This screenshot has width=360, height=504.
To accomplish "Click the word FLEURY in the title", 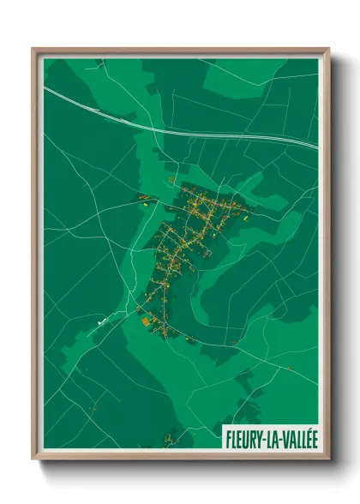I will pyautogui.click(x=242, y=439).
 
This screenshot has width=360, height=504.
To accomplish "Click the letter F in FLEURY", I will pyautogui.click(x=228, y=439).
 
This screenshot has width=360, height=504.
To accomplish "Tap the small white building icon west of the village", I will pyautogui.click(x=103, y=322).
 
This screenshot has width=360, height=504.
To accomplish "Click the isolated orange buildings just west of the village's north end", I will pyautogui.click(x=143, y=201).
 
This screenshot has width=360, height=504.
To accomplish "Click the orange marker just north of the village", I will pyautogui.click(x=171, y=179).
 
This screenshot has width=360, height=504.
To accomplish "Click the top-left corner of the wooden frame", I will pyautogui.click(x=33, y=49).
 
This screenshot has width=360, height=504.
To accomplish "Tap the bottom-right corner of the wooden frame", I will pyautogui.click(x=328, y=459).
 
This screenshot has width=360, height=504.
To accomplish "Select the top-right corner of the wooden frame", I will pyautogui.click(x=328, y=49).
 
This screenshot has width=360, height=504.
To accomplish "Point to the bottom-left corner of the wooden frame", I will pyautogui.click(x=33, y=459).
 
